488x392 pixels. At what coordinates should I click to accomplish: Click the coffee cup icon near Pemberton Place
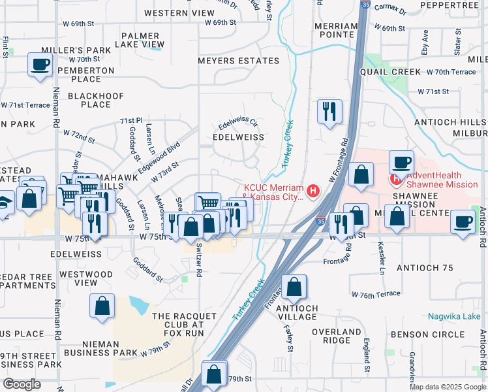pyautogui.click(x=40, y=65)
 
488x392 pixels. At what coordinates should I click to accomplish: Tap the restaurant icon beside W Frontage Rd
pyautogui.click(x=329, y=110)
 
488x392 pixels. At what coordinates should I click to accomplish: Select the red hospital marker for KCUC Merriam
pyautogui.click(x=313, y=191)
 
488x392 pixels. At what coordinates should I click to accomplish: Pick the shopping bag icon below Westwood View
pyautogui.click(x=103, y=306)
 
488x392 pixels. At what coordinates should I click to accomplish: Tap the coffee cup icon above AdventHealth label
pyautogui.click(x=401, y=161)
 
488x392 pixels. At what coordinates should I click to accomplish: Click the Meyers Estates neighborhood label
pyautogui.click(x=239, y=61)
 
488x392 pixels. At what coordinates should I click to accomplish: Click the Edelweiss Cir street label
pyautogui.click(x=238, y=122)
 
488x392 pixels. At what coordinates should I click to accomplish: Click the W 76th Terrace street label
pyautogui.click(x=375, y=295)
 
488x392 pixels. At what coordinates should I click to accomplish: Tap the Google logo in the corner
pyautogui.click(x=22, y=384)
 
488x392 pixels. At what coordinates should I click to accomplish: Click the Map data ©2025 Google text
pyautogui.click(x=447, y=387)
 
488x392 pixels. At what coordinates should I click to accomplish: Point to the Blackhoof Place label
pyautogui.click(x=95, y=100)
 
